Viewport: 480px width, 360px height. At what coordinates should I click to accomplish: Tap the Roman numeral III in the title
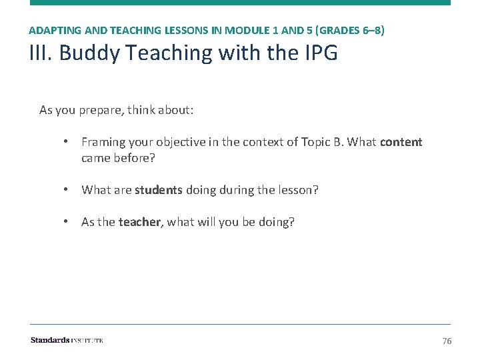(x=41, y=53)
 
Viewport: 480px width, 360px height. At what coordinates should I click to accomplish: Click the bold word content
(x=401, y=142)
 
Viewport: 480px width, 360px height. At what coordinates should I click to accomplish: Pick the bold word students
(x=158, y=190)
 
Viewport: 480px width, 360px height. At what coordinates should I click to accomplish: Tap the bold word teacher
(x=140, y=222)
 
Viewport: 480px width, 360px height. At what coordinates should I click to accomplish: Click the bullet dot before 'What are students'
(x=67, y=190)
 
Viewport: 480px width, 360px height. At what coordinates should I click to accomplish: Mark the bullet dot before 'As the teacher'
(x=67, y=222)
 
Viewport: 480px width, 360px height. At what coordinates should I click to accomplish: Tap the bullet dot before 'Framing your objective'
(x=67, y=142)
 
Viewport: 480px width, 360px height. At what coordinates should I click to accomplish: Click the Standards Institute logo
(x=67, y=341)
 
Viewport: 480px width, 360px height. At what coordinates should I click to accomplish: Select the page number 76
(x=447, y=341)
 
